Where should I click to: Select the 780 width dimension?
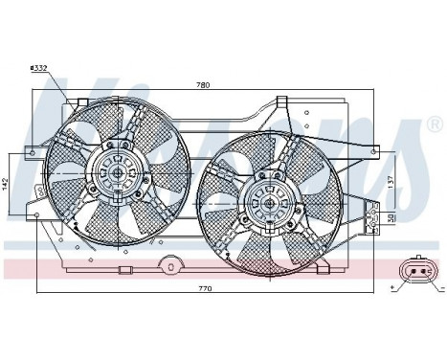202,85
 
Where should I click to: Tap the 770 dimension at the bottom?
202,285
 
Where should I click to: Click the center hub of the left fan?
117,173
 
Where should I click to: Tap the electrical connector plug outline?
418,274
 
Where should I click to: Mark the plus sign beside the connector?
393,287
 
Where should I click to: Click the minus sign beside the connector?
434,287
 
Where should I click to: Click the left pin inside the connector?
412,274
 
